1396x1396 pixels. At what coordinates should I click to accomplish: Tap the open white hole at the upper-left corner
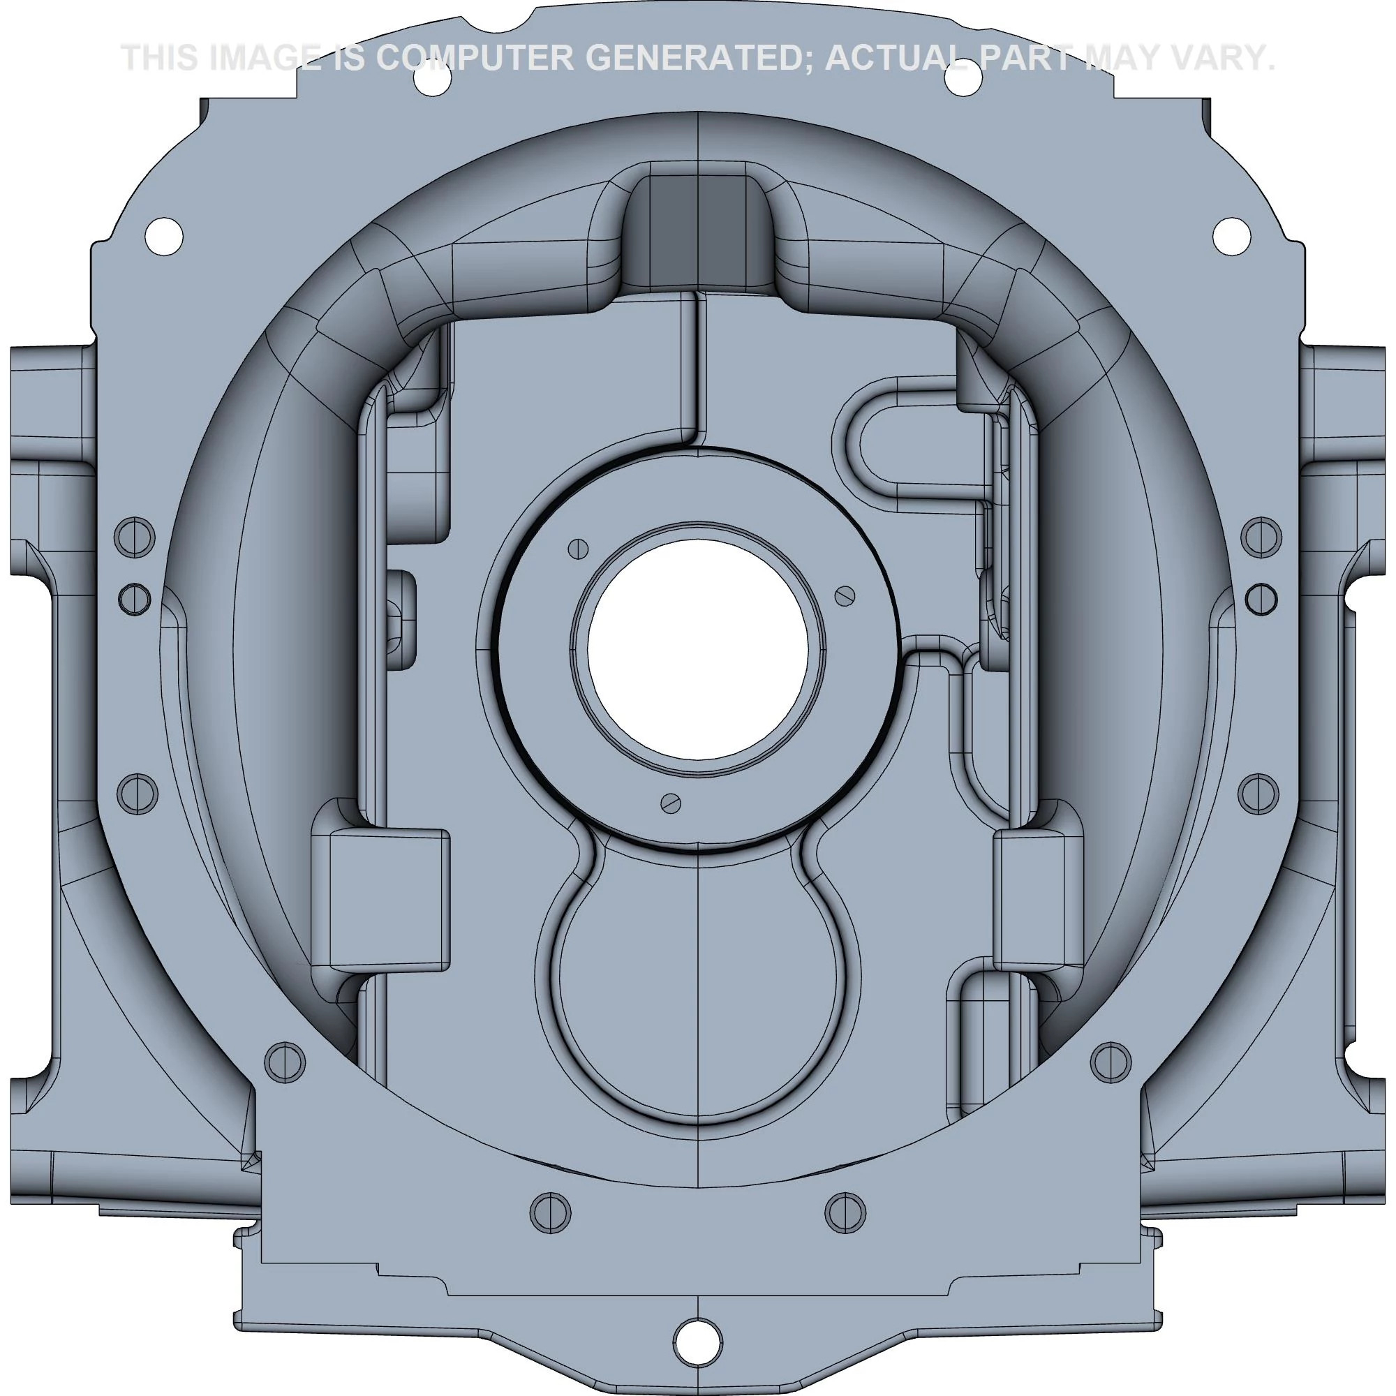coord(164,235)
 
